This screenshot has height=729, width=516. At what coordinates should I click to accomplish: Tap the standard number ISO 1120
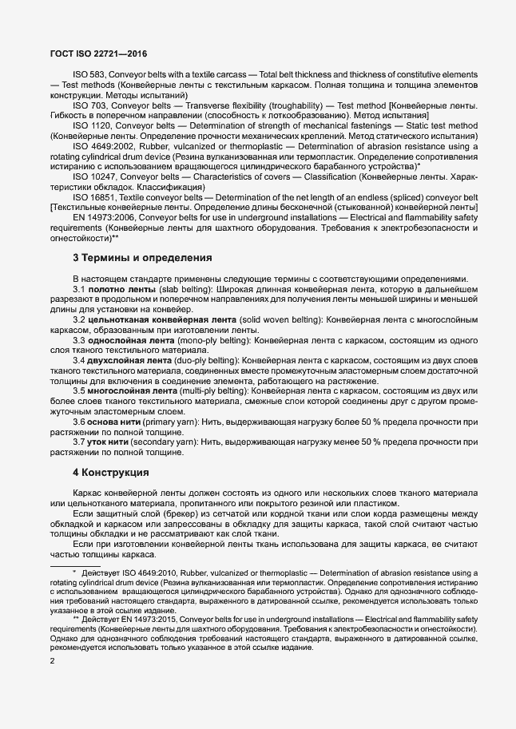pyautogui.click(x=92, y=126)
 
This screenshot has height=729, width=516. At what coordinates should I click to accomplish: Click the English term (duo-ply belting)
pyautogui.click(x=204, y=362)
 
